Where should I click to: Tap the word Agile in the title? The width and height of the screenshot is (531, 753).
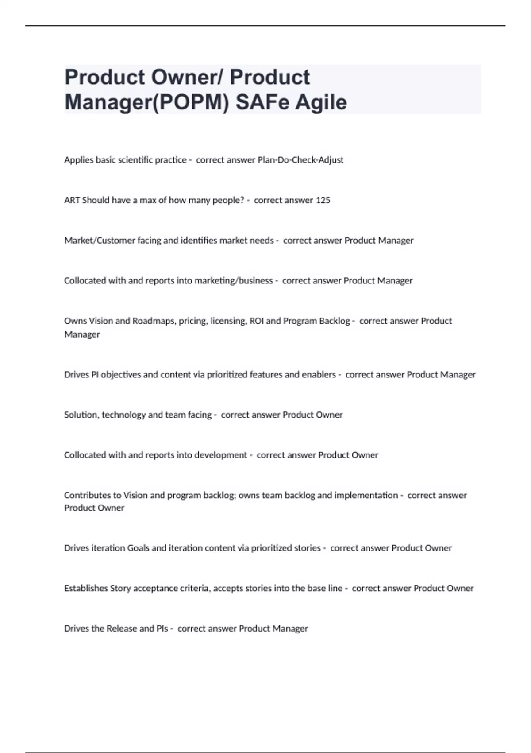click(x=321, y=102)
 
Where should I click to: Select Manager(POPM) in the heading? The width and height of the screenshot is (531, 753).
click(x=147, y=102)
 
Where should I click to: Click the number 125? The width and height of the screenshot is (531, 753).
click(x=323, y=200)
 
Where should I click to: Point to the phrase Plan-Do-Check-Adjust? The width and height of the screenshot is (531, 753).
click(x=300, y=160)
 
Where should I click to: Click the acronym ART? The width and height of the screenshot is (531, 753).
click(x=72, y=200)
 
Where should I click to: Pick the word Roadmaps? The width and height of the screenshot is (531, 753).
click(x=154, y=321)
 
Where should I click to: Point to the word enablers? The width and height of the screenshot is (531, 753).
click(x=319, y=375)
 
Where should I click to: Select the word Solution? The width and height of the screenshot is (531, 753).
click(x=81, y=415)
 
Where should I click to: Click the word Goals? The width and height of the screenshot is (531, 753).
click(x=139, y=548)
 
